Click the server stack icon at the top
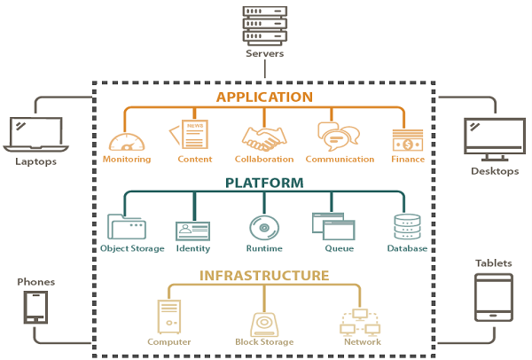pyautogui.click(x=265, y=24)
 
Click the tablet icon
pyautogui.click(x=493, y=297)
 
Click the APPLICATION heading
pyautogui.click(x=265, y=97)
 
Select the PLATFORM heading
pyautogui.click(x=265, y=184)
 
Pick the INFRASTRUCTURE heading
pyautogui.click(x=265, y=275)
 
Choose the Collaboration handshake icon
pyautogui.click(x=264, y=138)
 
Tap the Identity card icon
pyautogui.click(x=192, y=230)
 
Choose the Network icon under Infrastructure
pyautogui.click(x=361, y=320)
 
